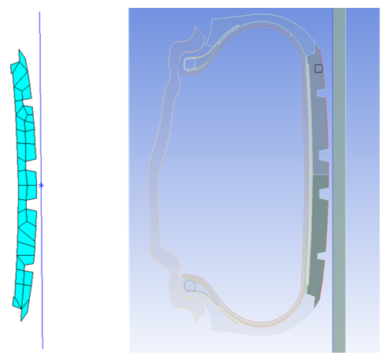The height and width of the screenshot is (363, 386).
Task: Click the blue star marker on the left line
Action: tap(41, 186)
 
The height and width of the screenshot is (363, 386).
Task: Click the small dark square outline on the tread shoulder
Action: tap(318, 69)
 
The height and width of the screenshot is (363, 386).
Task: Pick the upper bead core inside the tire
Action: tap(190, 61)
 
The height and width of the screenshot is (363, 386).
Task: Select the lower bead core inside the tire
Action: tap(189, 286)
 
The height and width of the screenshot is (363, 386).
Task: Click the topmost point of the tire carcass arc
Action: tap(260, 22)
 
